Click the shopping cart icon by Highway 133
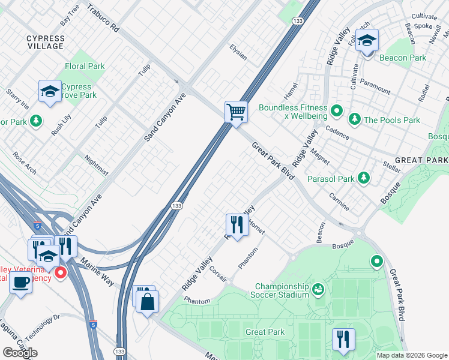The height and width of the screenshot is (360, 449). pyautogui.click(x=237, y=112)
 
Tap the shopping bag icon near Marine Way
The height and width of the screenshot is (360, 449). pyautogui.click(x=147, y=302)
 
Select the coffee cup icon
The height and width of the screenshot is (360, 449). pyautogui.click(x=21, y=282)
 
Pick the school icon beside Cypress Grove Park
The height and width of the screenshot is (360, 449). pyautogui.click(x=50, y=92)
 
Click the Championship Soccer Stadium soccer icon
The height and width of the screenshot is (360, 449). pyautogui.click(x=318, y=290)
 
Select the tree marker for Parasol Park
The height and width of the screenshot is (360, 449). pyautogui.click(x=363, y=178)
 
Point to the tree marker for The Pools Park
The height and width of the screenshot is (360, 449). pyautogui.click(x=355, y=119)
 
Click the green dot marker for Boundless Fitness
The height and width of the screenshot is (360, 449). pyautogui.click(x=337, y=110)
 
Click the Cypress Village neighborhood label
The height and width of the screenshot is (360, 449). pyautogui.click(x=45, y=42)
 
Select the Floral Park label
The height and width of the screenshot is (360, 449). pyautogui.click(x=85, y=67)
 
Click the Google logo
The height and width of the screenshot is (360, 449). pyautogui.click(x=20, y=353)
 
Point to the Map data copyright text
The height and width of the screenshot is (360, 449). pyautogui.click(x=411, y=355)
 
